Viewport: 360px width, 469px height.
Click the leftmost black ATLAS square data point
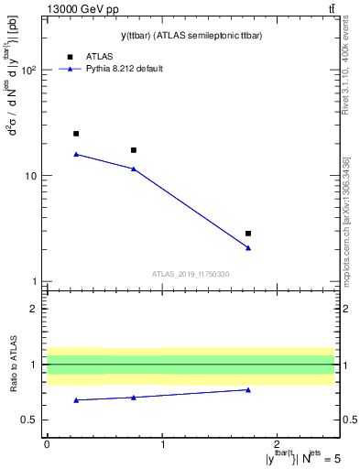76,134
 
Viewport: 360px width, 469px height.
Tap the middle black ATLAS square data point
134,150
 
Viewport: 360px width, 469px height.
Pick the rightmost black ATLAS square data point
248,234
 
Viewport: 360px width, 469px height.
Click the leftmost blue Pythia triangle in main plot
76,154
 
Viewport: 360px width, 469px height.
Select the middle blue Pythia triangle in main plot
134,169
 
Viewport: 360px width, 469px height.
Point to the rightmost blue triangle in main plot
248,247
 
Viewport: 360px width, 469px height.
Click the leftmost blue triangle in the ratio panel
76,399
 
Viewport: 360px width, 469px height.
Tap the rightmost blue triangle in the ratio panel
248,389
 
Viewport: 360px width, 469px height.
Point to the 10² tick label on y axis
30,70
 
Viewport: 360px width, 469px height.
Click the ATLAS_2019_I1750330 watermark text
190,274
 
